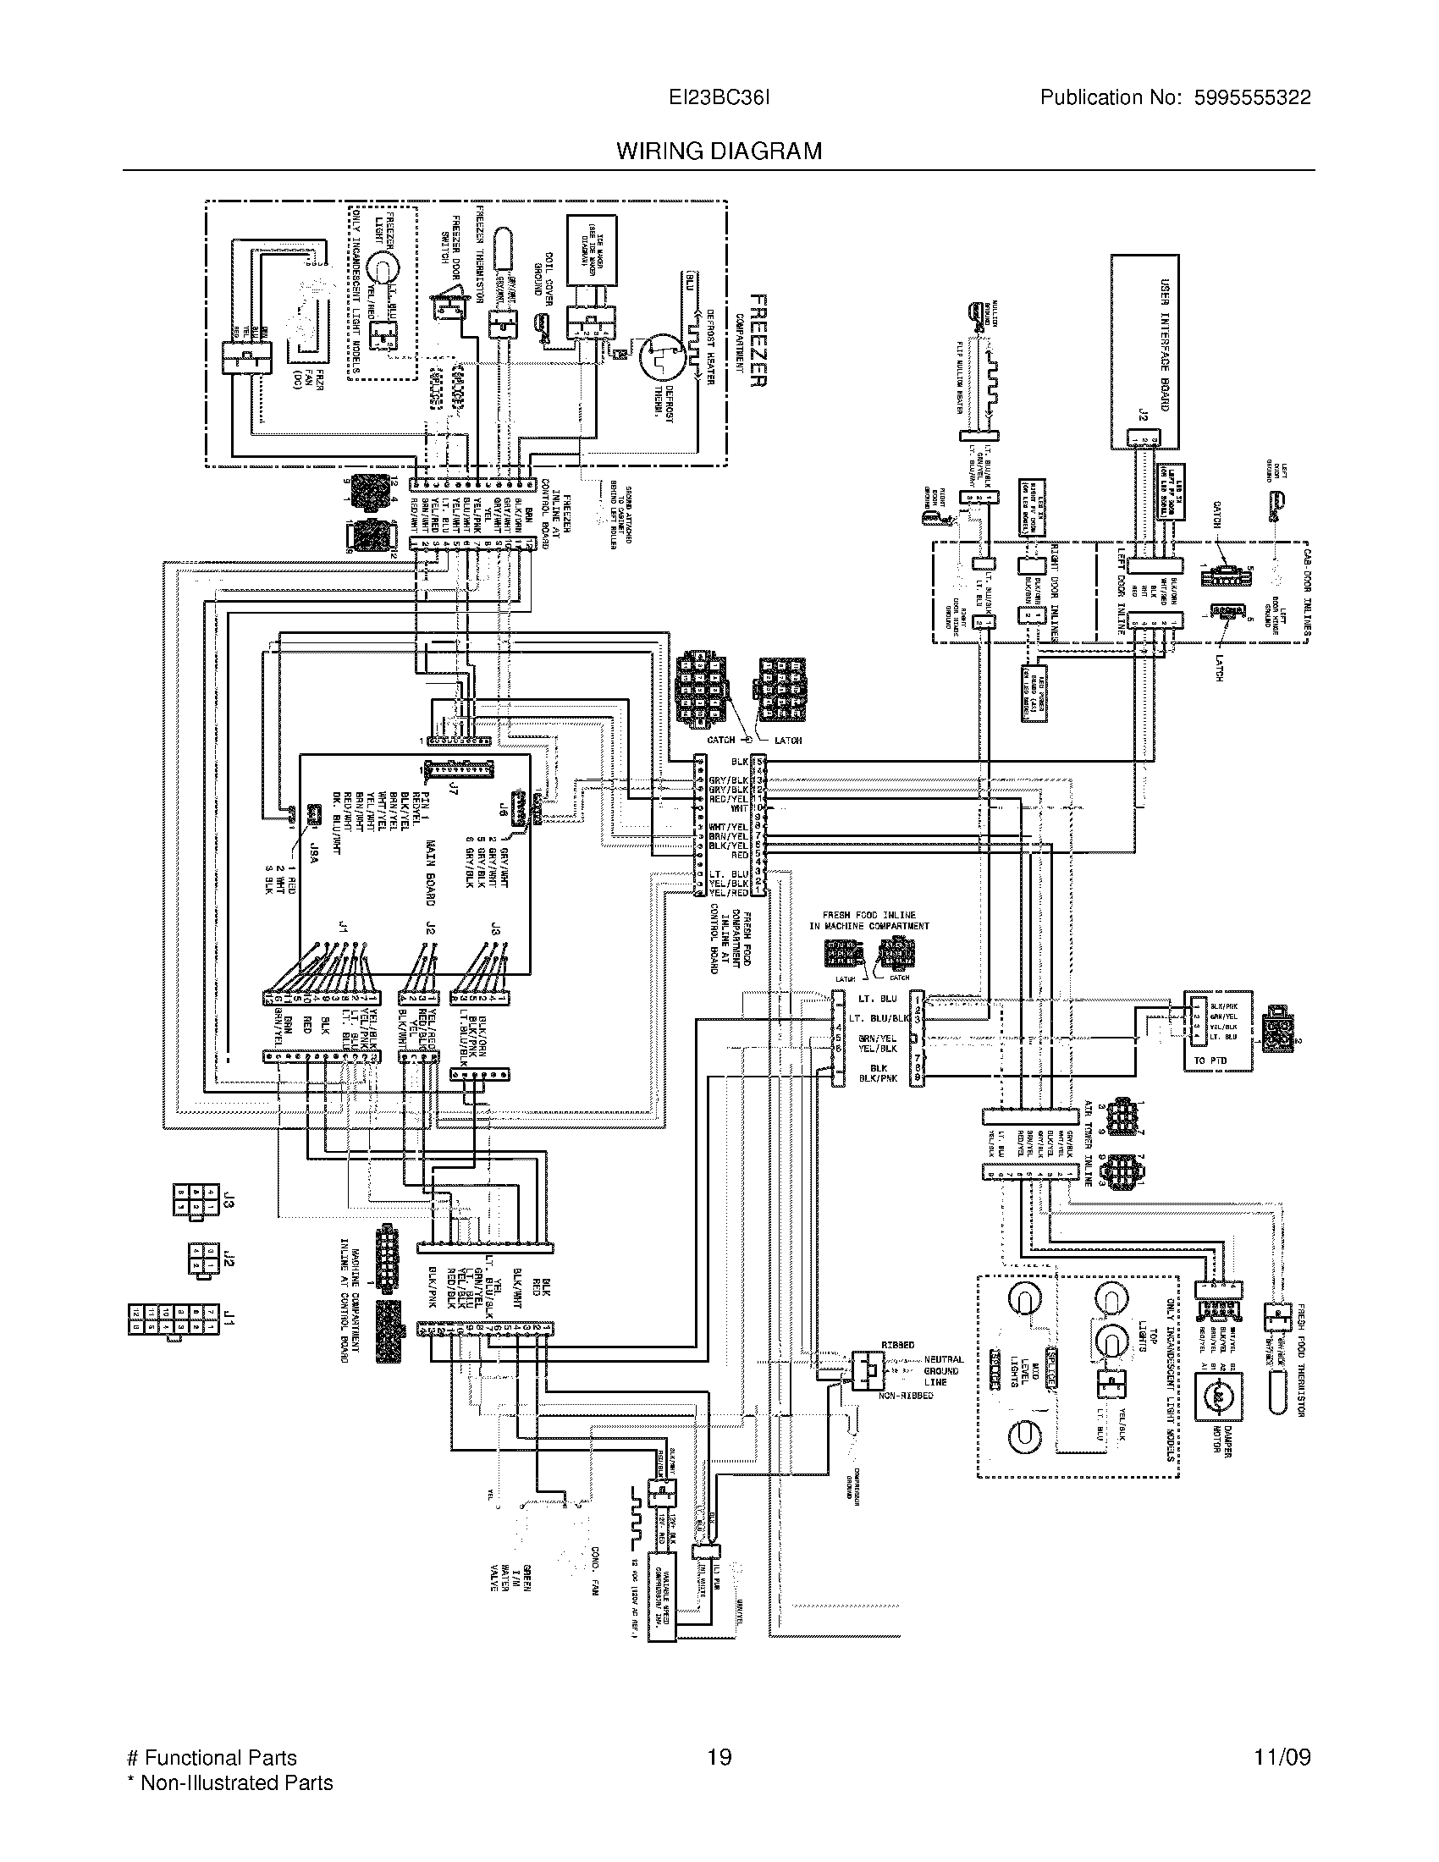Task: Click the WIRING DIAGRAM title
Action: (719, 151)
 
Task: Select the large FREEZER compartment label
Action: (758, 341)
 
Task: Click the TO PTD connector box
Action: (1217, 1031)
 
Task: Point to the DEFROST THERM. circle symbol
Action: (662, 352)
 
